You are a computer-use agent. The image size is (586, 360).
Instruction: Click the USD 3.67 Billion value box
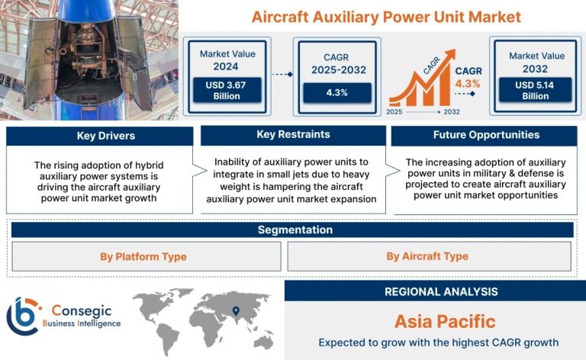[x=227, y=90]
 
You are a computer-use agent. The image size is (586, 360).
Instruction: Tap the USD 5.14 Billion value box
[x=535, y=90]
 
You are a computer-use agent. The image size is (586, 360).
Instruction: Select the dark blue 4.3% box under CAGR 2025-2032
[x=337, y=92]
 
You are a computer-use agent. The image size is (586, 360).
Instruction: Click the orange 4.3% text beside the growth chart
[x=468, y=84]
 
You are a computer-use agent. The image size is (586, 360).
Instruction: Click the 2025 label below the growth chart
[x=394, y=111]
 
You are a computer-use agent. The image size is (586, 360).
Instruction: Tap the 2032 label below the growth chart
[x=452, y=111]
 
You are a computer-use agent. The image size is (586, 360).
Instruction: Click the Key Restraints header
[x=293, y=135]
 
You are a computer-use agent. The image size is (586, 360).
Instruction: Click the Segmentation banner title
[x=295, y=230]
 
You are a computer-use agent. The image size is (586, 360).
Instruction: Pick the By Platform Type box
[x=146, y=256]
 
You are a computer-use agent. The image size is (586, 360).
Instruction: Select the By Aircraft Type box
[x=429, y=256]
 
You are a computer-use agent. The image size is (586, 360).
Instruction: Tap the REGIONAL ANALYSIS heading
[x=441, y=291]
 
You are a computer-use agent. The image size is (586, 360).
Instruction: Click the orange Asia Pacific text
[x=445, y=322]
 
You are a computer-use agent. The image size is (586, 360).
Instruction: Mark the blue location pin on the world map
[x=236, y=310]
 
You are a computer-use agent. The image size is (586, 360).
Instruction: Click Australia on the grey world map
[x=263, y=342]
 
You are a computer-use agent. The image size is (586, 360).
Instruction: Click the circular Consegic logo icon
[x=23, y=316]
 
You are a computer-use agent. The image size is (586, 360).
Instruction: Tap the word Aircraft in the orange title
[x=280, y=18]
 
